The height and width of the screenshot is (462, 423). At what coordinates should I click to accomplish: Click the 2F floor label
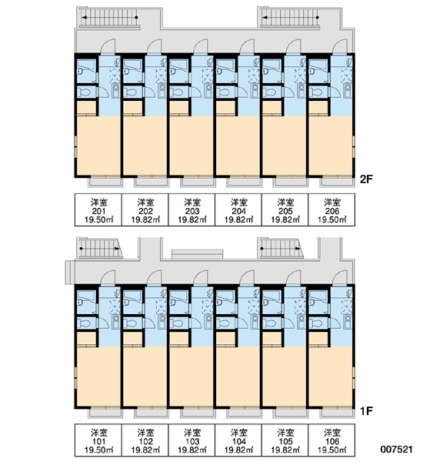[x=367, y=179]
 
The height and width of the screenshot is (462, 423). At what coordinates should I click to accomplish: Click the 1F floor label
[x=367, y=410]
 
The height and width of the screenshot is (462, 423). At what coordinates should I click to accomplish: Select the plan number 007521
[x=397, y=450]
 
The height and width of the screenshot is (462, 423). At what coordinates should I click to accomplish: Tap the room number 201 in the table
[x=98, y=211]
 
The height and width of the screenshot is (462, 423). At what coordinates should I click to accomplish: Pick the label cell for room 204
[x=238, y=209]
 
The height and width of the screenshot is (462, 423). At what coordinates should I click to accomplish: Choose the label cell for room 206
[x=331, y=209]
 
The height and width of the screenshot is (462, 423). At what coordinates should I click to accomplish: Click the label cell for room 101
[x=98, y=440]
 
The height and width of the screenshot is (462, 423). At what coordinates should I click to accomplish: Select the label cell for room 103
[x=192, y=440]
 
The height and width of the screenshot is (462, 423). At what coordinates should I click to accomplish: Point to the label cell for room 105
[x=285, y=440]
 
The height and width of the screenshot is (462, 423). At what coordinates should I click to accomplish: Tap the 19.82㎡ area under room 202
[x=145, y=219]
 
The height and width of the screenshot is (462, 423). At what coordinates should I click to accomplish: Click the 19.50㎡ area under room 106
[x=331, y=450]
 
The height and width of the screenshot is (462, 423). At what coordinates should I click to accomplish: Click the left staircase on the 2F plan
[x=109, y=18]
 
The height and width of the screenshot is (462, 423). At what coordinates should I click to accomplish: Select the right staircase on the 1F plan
[x=281, y=249]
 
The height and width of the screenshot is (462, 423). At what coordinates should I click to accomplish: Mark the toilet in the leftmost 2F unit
[x=85, y=92]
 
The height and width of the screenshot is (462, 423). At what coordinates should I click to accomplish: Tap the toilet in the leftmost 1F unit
[x=85, y=323]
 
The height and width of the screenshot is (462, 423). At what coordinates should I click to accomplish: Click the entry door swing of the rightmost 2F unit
[x=340, y=46]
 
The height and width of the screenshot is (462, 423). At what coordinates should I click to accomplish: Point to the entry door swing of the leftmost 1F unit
[x=108, y=277]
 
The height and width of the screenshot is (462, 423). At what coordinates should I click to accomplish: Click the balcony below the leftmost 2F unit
[x=105, y=181]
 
